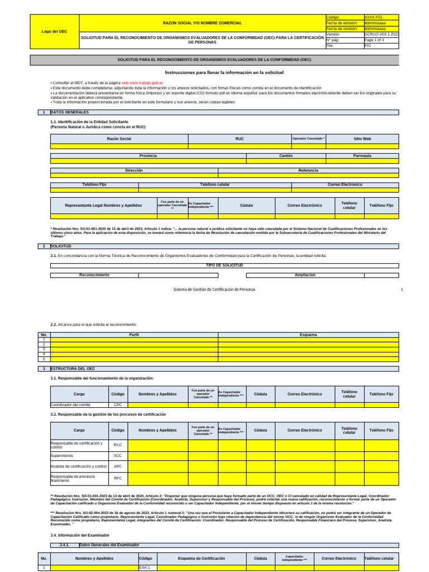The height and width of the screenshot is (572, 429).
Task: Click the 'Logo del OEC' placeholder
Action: tap(54, 32)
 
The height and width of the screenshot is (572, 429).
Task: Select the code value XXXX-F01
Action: tap(374, 18)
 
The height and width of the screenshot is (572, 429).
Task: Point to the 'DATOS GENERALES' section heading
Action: tap(69, 112)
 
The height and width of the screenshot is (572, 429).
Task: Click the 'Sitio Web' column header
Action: tap(362, 138)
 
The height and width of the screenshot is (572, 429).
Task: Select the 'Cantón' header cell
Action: tap(285, 156)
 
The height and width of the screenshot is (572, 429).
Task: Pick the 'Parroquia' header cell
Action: tap(363, 156)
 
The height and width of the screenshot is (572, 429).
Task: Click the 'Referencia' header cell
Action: tap(308, 170)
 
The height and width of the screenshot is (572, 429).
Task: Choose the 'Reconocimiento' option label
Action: tap(94, 275)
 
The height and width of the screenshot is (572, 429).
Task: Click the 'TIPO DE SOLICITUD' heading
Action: tap(225, 265)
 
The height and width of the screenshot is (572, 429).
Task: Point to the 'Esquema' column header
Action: tap(308, 335)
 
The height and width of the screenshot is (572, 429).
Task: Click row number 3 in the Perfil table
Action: tap(43, 349)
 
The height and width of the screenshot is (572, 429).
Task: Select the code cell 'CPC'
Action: tap(118, 405)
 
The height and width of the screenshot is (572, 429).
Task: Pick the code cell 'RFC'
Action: tap(118, 478)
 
